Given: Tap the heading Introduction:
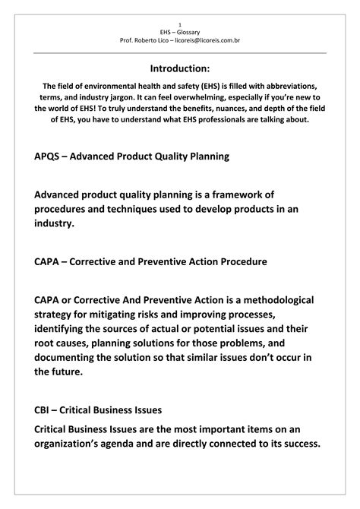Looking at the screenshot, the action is [180, 68].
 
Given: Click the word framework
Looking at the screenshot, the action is [271, 195].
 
